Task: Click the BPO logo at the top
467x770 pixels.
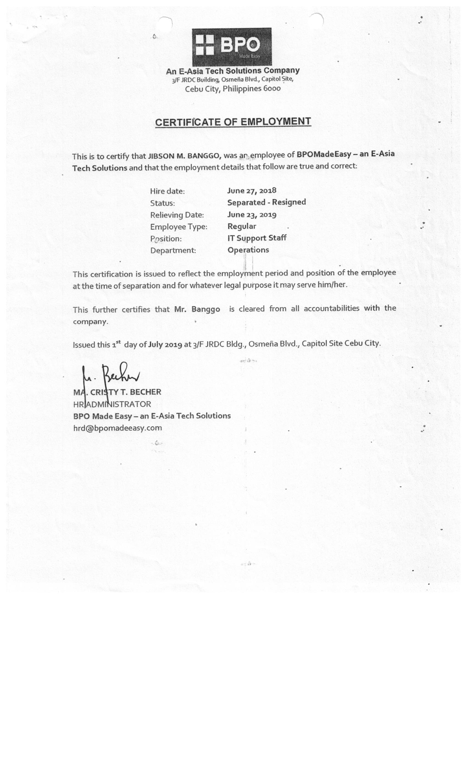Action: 231,46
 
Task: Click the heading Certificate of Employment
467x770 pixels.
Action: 233,122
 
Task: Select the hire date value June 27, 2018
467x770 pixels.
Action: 252,190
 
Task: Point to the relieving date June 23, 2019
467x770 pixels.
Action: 252,215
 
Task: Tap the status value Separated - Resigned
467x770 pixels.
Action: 266,202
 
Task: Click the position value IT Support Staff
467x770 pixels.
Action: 257,238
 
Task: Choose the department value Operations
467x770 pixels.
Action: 248,250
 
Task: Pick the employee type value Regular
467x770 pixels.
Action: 242,226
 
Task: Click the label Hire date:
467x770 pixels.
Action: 167,191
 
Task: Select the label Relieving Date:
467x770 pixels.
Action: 177,215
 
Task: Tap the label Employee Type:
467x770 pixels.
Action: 179,227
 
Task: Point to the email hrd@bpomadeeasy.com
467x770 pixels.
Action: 117,428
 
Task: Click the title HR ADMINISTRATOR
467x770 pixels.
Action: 112,404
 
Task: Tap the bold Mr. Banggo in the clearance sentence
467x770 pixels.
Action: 197,309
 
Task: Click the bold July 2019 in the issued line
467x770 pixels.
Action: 165,344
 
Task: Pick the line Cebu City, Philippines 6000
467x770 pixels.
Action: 233,89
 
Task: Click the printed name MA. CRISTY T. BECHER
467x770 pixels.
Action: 117,392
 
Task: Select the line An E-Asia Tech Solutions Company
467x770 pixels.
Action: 233,71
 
